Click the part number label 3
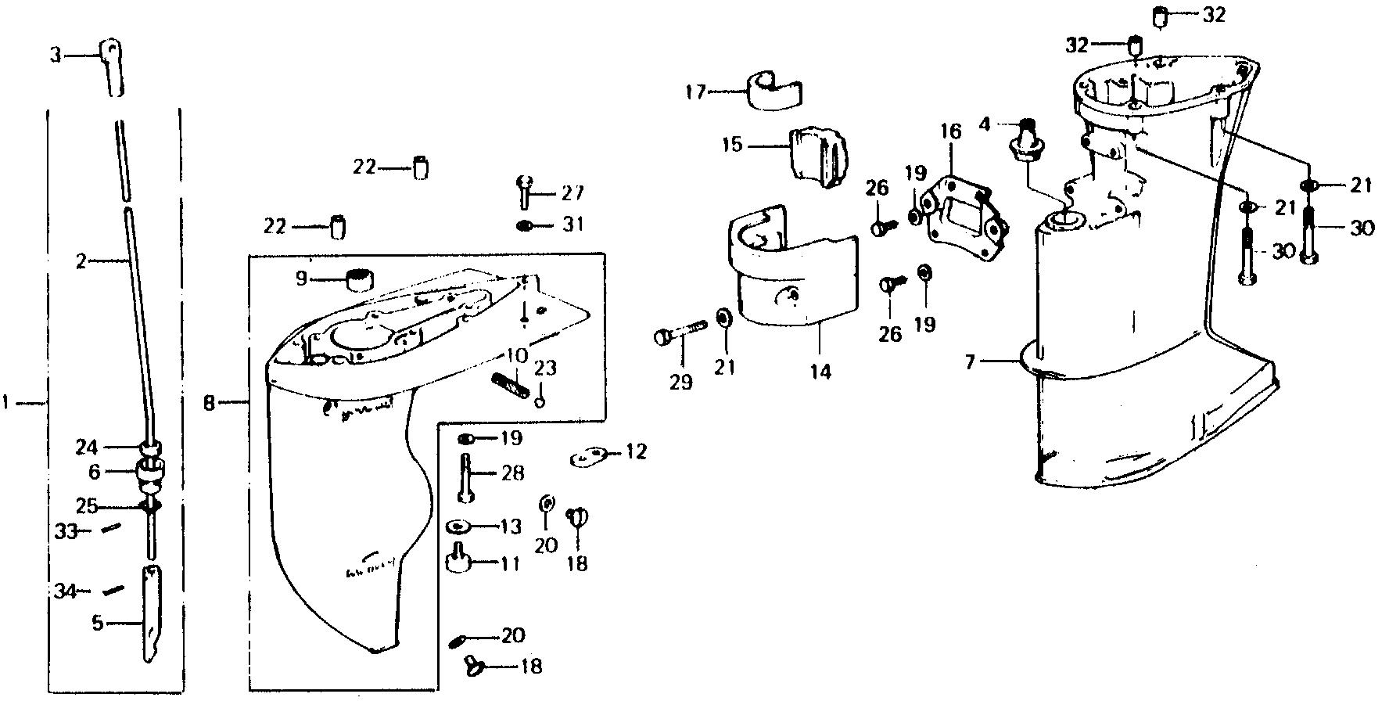[x=54, y=55]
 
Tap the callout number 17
[x=695, y=92]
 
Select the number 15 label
[x=733, y=146]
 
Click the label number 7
[x=970, y=361]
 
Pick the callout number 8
[x=208, y=404]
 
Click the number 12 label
[x=637, y=452]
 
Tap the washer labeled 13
[x=459, y=526]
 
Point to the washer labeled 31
[x=525, y=226]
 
